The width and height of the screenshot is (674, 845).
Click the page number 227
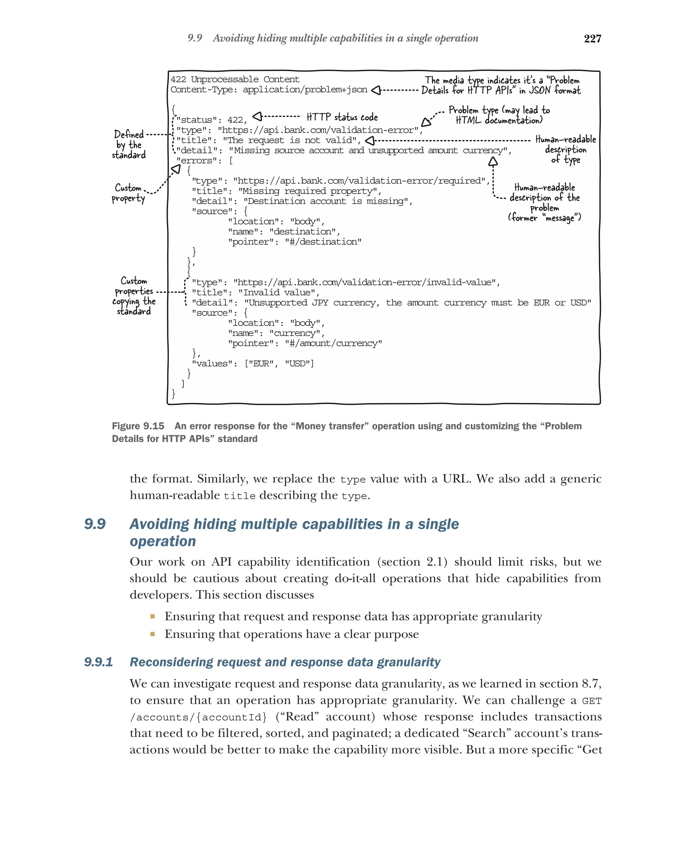coord(592,38)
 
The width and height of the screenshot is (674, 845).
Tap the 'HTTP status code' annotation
coord(342,117)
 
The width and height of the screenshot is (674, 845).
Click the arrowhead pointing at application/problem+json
coord(376,90)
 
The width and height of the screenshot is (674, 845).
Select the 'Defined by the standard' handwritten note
coord(129,145)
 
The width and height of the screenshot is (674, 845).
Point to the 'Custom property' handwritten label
coord(128,193)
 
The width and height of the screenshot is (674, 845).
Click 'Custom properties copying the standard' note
coord(134,296)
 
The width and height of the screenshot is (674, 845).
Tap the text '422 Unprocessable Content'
coord(235,80)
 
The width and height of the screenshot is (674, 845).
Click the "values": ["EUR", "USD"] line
coord(253,363)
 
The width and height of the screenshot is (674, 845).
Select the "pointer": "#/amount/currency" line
coord(305,343)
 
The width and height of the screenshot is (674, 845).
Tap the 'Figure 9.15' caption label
coord(138,426)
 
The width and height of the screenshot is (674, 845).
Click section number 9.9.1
coord(98,662)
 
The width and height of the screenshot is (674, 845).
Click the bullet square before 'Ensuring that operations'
coord(152,634)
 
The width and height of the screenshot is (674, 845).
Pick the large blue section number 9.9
coord(95,524)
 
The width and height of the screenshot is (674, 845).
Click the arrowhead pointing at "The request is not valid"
coord(369,140)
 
